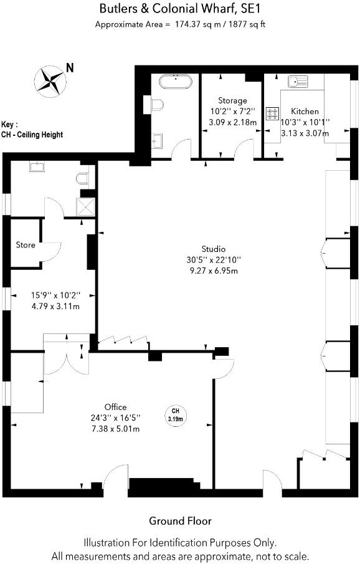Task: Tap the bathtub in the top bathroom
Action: [x=177, y=82]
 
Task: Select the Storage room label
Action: [x=232, y=100]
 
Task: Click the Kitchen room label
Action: [x=305, y=112]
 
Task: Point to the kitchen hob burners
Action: [x=273, y=113]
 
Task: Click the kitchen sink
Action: [x=298, y=81]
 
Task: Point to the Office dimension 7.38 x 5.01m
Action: [x=116, y=429]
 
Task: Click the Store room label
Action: [x=26, y=245]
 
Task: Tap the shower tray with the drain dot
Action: [x=87, y=206]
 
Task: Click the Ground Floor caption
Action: [x=180, y=521]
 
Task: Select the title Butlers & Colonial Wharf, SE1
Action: [x=180, y=9]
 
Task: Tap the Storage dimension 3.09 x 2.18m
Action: [x=232, y=122]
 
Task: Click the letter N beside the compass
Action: [x=70, y=68]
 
